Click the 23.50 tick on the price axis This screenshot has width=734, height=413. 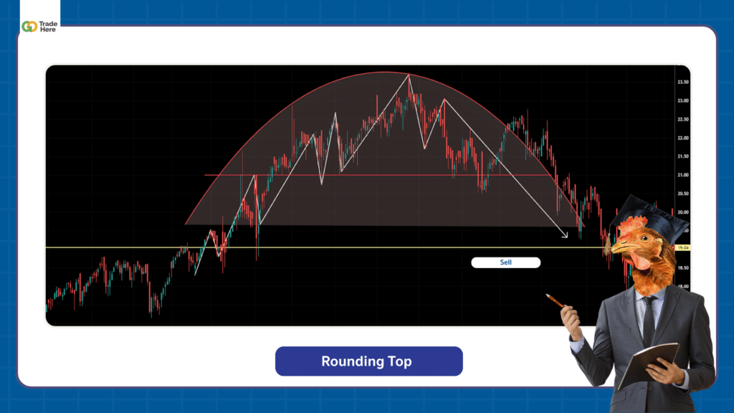pyautogui.click(x=682, y=82)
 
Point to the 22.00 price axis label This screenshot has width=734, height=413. pyautogui.click(x=682, y=138)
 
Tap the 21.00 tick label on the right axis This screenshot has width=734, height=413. pyautogui.click(x=682, y=175)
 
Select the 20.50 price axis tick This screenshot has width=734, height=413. pyautogui.click(x=682, y=194)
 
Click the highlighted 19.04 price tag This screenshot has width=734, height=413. pyautogui.click(x=682, y=247)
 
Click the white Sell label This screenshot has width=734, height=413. pyautogui.click(x=506, y=262)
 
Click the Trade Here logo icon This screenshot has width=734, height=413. pyautogui.click(x=29, y=27)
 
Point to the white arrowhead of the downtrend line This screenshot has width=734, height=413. pyautogui.click(x=565, y=235)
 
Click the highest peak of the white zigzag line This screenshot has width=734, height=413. pyautogui.click(x=409, y=75)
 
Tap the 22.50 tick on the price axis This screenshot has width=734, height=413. pyautogui.click(x=682, y=119)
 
